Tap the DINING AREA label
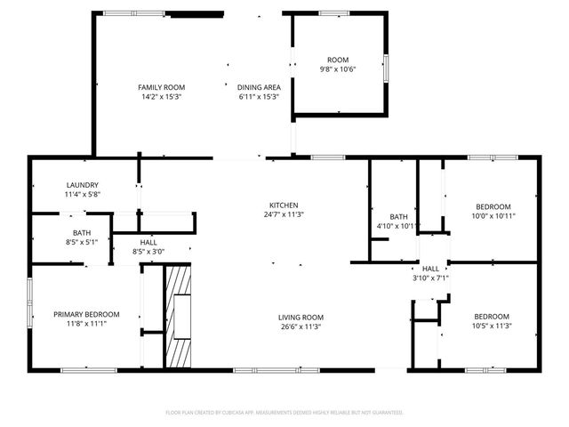coord(259,87)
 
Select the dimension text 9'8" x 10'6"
coord(338,69)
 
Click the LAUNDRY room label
coord(82,185)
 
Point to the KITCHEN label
coord(284,205)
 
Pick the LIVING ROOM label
coord(301,318)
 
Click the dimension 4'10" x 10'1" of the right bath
coord(398,226)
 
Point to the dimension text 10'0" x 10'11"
coord(493,215)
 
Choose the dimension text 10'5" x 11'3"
coord(491,326)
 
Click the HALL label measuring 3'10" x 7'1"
coord(430,269)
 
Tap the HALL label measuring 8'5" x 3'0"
coord(148,243)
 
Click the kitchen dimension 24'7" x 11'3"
coord(284,214)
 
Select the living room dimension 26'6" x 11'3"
coord(301,326)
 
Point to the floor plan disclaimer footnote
coord(284,413)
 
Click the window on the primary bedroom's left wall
coord(29,303)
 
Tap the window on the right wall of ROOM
coord(386,68)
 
